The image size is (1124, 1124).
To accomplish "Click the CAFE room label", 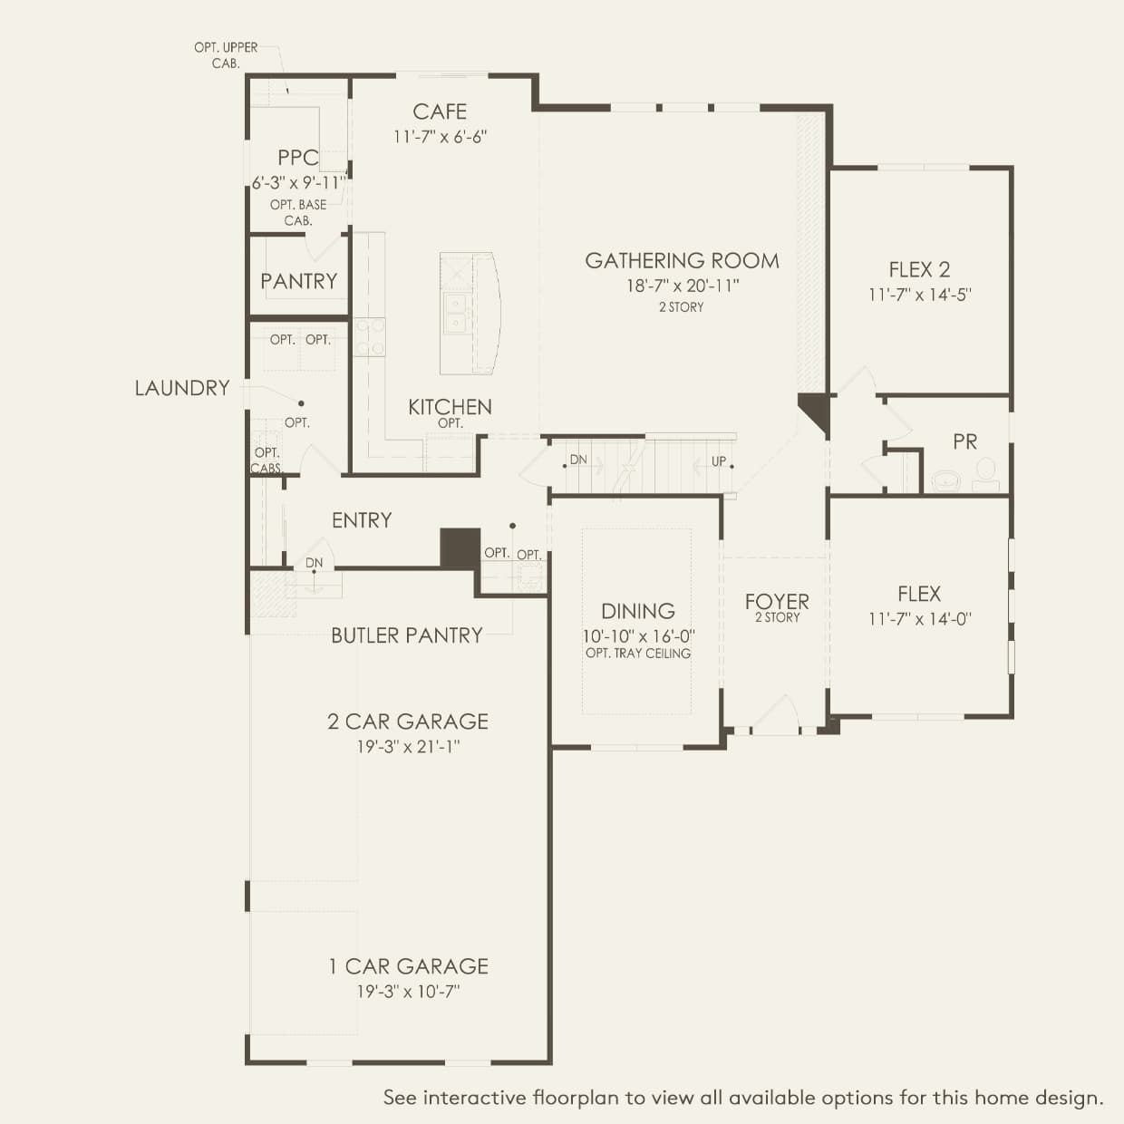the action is (x=440, y=111).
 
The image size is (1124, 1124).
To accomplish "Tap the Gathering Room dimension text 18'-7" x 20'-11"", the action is (x=683, y=286).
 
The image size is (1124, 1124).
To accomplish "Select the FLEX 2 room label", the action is (x=919, y=269).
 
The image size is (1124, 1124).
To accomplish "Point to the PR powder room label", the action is (x=964, y=441).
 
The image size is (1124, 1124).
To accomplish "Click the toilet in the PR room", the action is (x=985, y=474).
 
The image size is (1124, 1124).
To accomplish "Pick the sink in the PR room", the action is (x=945, y=480).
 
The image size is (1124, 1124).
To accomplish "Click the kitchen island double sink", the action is (x=454, y=314).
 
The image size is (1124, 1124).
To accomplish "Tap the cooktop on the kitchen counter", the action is (x=370, y=336).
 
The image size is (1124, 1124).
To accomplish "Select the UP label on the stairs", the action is (x=719, y=460).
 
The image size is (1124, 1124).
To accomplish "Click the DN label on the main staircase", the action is (x=578, y=460).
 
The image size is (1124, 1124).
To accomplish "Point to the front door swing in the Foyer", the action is (x=776, y=714).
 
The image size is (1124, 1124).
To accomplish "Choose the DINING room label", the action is (x=638, y=611).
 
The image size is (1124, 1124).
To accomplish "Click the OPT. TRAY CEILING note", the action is (x=638, y=654).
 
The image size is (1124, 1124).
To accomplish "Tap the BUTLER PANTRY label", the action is (x=407, y=635).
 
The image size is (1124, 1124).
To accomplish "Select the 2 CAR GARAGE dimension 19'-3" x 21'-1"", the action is (x=408, y=747).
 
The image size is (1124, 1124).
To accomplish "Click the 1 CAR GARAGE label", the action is (x=408, y=966).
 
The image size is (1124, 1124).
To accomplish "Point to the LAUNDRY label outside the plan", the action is (x=182, y=388).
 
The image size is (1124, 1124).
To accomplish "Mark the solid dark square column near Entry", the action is (x=460, y=547).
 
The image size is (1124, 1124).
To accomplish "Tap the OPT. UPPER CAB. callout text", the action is (x=226, y=55).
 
